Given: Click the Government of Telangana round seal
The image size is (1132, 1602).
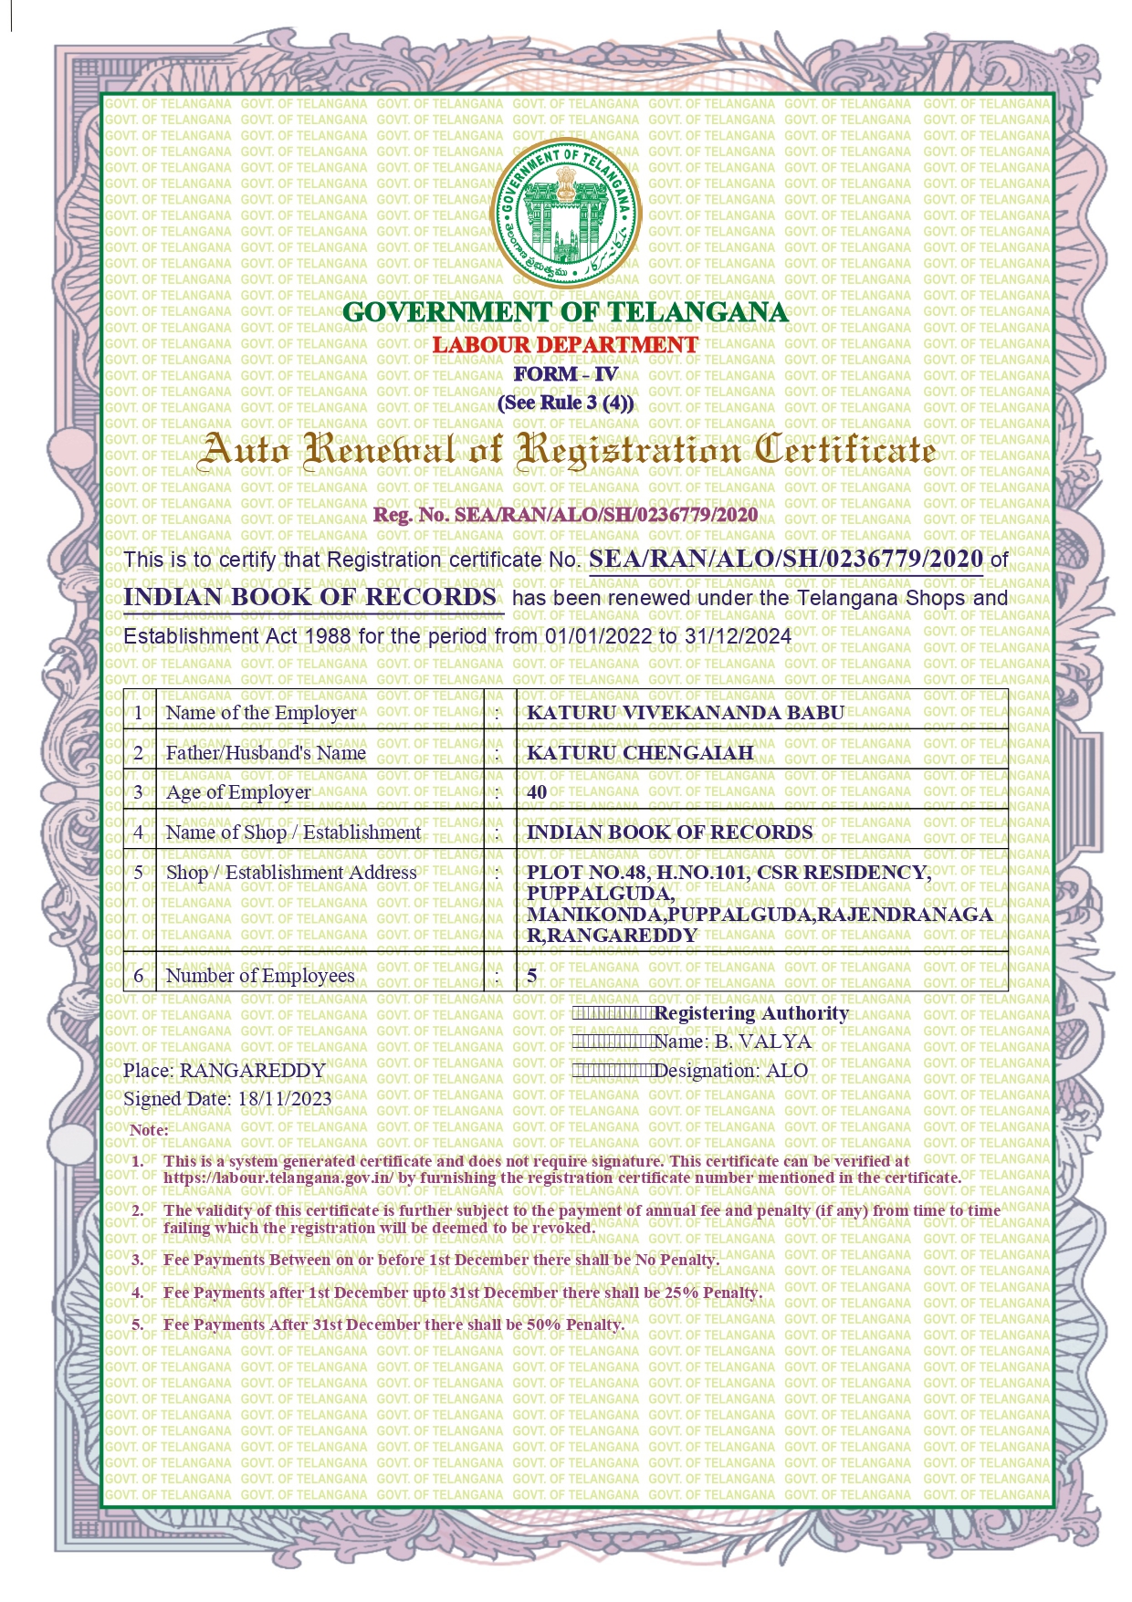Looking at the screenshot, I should (566, 213).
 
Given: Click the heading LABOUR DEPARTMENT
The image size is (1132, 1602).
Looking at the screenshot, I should (565, 345).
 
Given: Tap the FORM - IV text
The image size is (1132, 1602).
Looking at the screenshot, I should (566, 374).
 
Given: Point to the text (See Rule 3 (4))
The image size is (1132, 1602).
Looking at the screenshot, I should (566, 403).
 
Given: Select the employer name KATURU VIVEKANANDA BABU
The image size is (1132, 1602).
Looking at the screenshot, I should (686, 713).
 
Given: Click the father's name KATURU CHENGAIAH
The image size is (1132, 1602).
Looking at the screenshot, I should (640, 753).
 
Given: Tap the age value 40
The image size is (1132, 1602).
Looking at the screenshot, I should (537, 792).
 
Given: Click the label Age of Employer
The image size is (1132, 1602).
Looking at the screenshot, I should (238, 792).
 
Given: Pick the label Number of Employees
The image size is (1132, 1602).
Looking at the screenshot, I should (260, 976).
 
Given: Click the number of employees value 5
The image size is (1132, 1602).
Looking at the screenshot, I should (532, 976).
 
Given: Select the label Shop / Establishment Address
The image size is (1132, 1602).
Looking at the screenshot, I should (291, 873).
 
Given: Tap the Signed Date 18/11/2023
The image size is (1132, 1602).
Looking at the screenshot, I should (284, 1098).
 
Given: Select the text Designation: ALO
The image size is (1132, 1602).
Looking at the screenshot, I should (731, 1071).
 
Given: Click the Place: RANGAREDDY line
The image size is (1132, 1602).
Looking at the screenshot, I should (225, 1071).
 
